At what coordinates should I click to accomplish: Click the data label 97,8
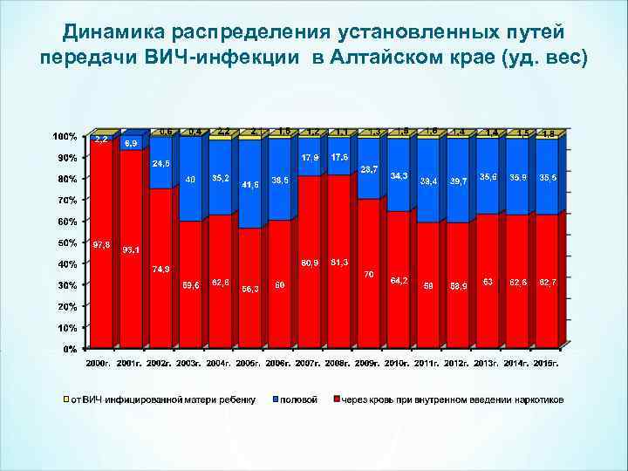pos(101,245)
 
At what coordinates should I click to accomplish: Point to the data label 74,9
pos(160,269)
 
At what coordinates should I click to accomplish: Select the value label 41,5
pos(250,185)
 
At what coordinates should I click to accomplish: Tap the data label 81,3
pos(338,262)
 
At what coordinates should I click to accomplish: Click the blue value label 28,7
pos(369,168)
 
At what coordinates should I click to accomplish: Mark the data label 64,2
pos(399,280)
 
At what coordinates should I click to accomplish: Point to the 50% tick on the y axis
pos(66,242)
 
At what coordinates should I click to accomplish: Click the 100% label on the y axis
pos(65,137)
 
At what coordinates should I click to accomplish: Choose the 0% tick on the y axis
pos(70,349)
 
